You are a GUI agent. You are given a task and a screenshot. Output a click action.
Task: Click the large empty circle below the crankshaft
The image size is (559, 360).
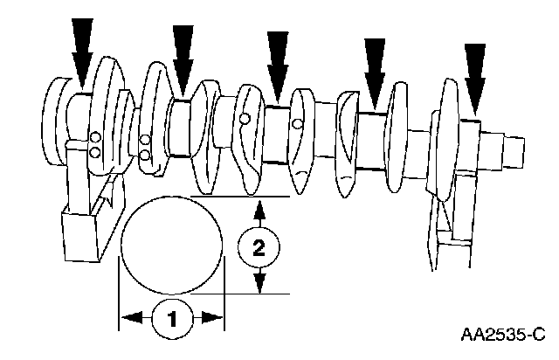(172, 244)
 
